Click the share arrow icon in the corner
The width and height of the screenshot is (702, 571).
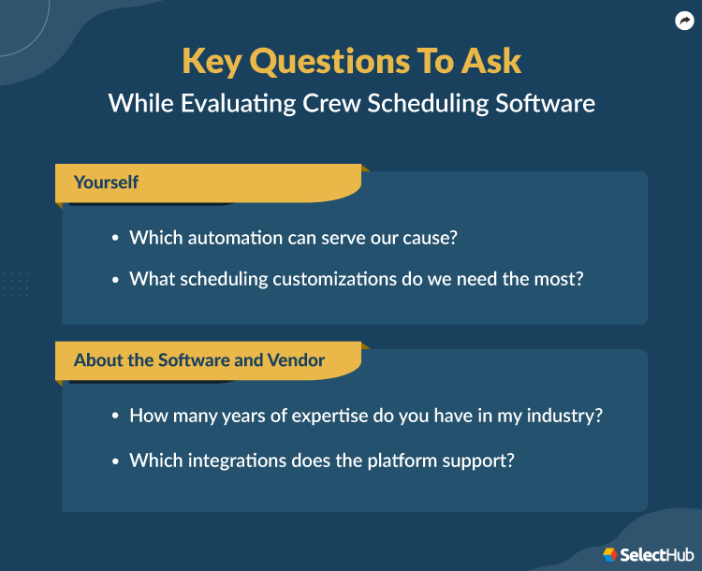[683, 22]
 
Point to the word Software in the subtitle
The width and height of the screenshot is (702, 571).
[543, 102]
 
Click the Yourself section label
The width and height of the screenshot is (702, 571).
[106, 183]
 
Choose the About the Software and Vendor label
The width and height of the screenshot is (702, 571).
[199, 360]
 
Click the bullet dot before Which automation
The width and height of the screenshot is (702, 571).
[115, 239]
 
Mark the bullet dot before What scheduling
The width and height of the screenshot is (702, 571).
[115, 280]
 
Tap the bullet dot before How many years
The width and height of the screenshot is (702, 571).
[115, 417]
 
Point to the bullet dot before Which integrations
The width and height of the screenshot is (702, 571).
[115, 461]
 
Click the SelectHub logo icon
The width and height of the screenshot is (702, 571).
[609, 554]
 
